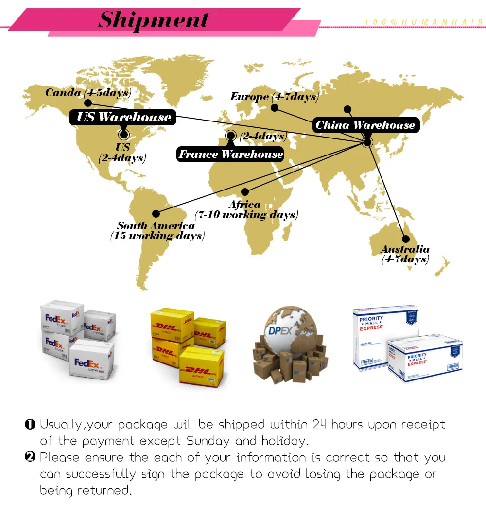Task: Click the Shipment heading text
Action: [154, 20]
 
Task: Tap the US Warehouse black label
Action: [123, 117]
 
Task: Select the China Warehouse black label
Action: [365, 125]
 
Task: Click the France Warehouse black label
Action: [230, 155]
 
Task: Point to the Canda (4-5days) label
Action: [88, 92]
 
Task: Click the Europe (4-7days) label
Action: [274, 97]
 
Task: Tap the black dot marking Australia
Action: [405, 239]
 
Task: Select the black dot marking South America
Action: [156, 213]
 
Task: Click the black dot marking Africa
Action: [245, 192]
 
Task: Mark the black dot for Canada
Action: [88, 103]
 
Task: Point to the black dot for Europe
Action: [275, 108]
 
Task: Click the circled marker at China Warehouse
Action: [367, 142]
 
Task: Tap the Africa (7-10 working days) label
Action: [246, 209]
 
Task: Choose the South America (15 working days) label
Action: [157, 231]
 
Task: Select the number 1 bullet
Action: [30, 425]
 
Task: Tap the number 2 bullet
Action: [30, 458]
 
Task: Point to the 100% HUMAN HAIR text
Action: [424, 22]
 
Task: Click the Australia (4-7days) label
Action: [405, 254]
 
